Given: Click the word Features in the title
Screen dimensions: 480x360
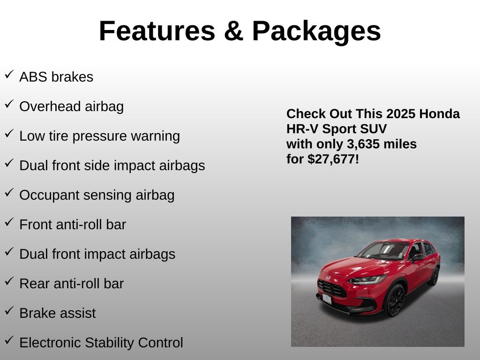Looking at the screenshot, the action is click(x=157, y=31).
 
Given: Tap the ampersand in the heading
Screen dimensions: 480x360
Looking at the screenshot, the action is click(x=233, y=31).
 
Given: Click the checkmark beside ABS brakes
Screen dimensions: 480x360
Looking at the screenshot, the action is click(x=9, y=75).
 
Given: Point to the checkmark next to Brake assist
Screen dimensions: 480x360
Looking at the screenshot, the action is click(x=9, y=311).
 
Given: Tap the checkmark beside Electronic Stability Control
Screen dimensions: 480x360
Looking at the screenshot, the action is click(x=9, y=340).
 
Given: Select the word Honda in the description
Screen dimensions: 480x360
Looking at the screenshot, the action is click(x=439, y=114).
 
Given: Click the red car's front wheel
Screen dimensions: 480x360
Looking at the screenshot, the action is click(x=395, y=300).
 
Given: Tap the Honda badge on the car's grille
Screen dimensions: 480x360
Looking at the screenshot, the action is click(x=328, y=278).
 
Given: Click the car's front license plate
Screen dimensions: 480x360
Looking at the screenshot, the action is click(x=327, y=299).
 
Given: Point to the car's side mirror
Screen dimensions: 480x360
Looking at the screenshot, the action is click(x=418, y=257).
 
